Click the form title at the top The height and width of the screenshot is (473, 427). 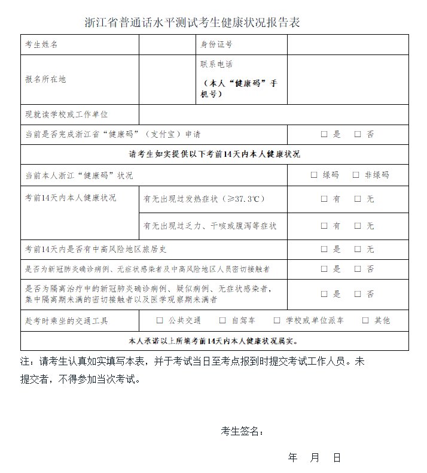[x=192, y=23]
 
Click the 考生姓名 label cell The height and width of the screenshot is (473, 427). [x=41, y=44]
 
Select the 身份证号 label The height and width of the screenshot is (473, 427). [x=216, y=44]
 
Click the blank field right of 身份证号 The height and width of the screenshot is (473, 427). [x=347, y=44]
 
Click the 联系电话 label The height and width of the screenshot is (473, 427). [x=216, y=64]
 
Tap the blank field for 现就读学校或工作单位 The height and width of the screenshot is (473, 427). [x=273, y=114]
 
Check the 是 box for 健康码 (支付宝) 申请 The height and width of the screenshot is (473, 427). [x=324, y=134]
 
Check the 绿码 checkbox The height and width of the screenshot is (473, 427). [x=314, y=175]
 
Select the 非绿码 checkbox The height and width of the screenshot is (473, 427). [x=356, y=175]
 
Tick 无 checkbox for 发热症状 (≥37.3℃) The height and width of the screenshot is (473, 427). [x=358, y=199]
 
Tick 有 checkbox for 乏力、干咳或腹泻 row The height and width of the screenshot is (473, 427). [x=324, y=226]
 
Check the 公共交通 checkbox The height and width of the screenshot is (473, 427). [x=160, y=320]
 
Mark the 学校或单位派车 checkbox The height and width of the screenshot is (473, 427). [x=277, y=320]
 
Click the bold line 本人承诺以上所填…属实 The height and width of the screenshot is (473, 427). [x=214, y=341]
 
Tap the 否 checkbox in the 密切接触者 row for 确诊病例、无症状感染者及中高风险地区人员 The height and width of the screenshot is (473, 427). [x=358, y=269]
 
